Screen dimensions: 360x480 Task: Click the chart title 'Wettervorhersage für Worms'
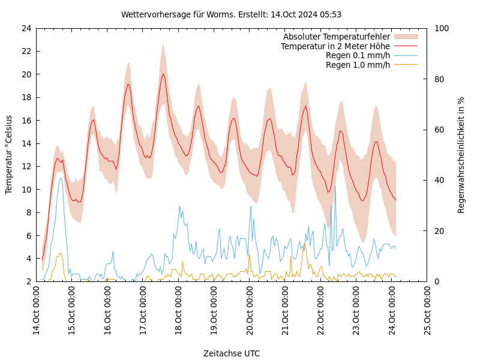point(231,14)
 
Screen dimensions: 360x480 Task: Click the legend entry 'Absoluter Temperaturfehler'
point(336,37)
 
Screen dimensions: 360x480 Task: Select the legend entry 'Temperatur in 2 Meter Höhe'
point(335,46)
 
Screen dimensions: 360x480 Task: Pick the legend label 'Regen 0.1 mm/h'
point(358,55)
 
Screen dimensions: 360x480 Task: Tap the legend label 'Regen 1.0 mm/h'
point(358,65)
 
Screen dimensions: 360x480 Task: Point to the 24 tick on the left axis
point(26,28)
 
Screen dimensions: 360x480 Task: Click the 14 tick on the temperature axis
point(26,143)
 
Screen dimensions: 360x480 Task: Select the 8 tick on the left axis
point(28,212)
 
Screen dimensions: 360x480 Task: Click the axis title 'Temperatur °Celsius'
point(9,155)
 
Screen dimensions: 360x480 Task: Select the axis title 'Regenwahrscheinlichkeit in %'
point(461,155)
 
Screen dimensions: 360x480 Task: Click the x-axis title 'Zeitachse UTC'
point(232,353)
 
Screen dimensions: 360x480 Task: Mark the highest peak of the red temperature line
point(163,74)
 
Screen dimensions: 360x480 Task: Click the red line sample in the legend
point(406,46)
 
